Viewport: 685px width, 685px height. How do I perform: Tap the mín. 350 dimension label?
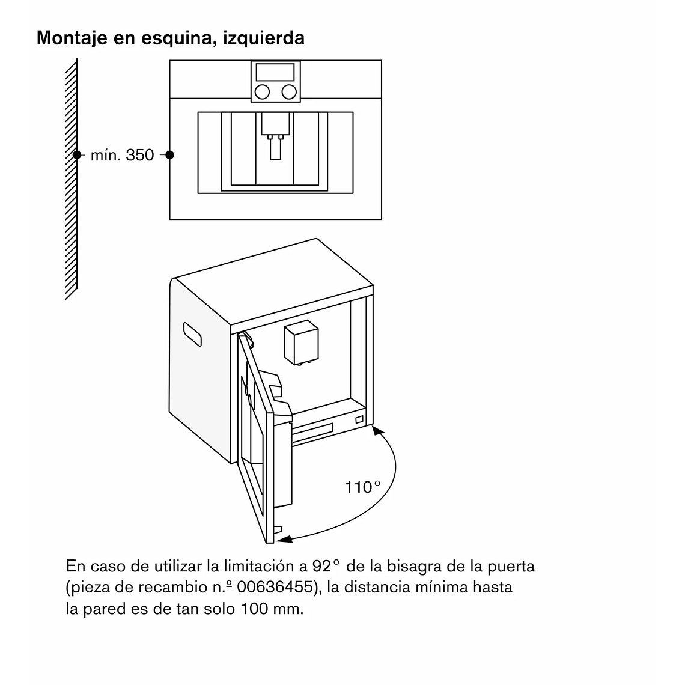pos(122,156)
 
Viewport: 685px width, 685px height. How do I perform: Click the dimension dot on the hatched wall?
pos(77,155)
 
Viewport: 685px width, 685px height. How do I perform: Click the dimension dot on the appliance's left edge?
pos(170,155)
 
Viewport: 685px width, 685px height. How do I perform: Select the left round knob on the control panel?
pos(263,91)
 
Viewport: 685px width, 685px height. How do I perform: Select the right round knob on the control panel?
pos(289,91)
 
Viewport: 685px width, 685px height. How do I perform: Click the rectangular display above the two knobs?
pos(275,72)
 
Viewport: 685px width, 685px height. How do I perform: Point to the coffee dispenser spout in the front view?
pos(275,148)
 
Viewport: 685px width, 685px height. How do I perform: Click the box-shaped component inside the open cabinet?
pos(301,342)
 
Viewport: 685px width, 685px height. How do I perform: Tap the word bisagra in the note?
pos(393,566)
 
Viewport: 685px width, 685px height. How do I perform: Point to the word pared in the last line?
pos(103,609)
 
